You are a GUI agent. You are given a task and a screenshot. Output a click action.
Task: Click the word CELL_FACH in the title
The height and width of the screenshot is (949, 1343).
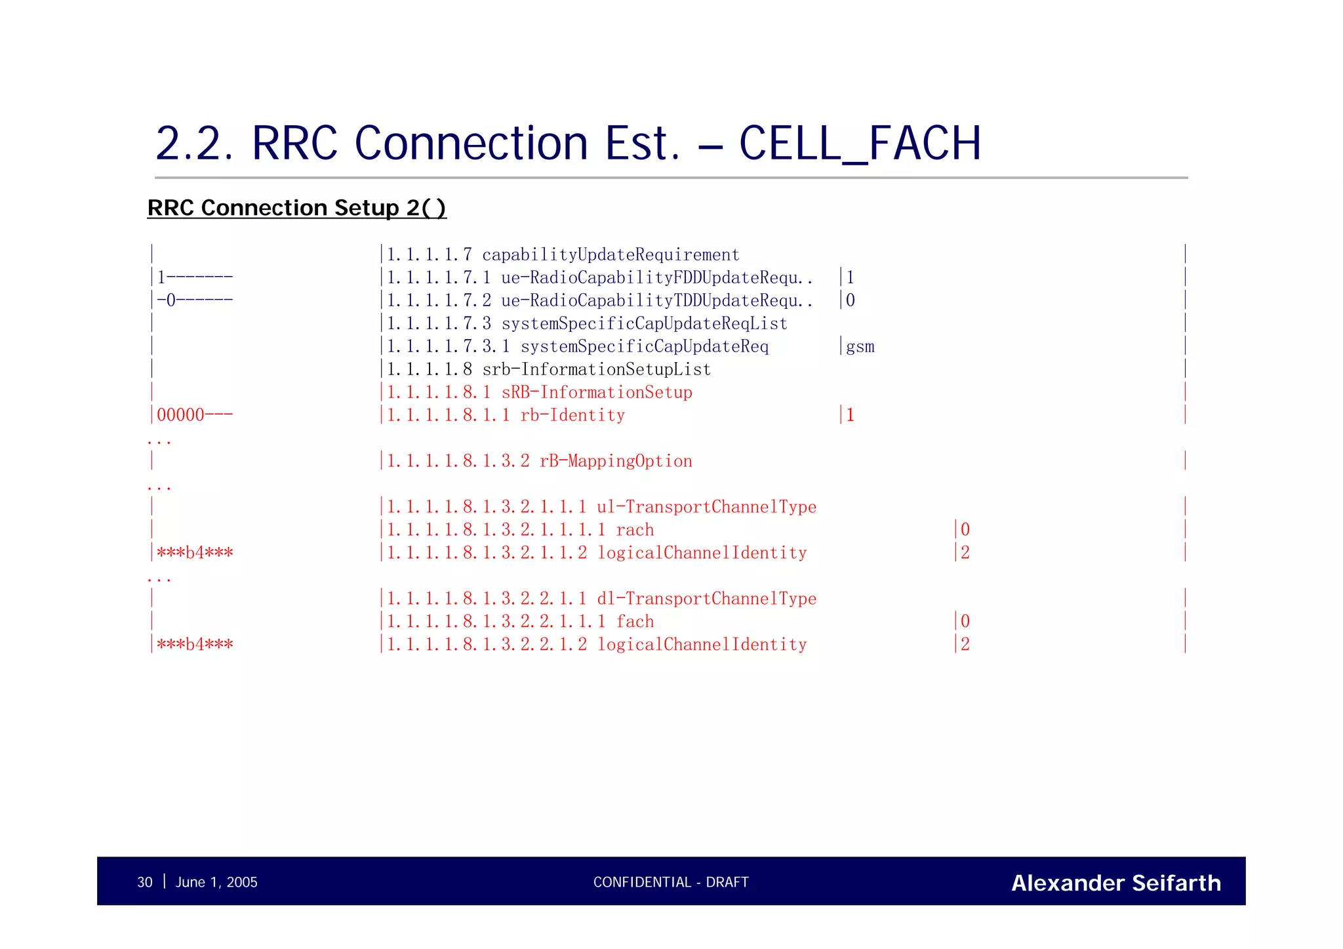(859, 144)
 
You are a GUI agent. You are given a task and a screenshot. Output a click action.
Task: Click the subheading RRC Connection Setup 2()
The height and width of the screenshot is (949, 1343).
(296, 208)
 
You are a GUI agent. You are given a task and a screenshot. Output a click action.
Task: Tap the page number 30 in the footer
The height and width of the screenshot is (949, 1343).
(144, 882)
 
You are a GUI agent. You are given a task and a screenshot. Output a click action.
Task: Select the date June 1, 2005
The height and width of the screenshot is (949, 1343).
(216, 882)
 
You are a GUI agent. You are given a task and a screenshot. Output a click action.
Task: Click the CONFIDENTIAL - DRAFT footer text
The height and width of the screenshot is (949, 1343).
(671, 882)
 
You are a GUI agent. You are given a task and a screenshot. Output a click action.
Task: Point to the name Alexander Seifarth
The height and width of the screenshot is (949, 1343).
(1115, 883)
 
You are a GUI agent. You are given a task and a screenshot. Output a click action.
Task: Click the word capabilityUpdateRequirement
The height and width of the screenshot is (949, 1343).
(611, 255)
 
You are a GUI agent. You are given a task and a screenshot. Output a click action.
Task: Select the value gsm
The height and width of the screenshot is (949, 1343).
(860, 347)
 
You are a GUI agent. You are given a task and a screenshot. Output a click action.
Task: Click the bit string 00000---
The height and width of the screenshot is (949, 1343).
(195, 415)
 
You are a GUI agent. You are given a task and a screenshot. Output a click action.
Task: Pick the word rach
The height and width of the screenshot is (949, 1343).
(635, 530)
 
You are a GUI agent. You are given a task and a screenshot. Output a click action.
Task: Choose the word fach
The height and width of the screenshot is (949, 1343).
(635, 622)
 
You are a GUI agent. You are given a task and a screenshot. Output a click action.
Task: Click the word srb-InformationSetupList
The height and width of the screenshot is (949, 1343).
(596, 370)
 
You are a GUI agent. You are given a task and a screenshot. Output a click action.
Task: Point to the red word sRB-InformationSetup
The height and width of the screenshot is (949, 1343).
(597, 393)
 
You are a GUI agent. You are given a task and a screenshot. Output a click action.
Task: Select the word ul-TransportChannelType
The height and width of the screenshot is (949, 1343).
(706, 507)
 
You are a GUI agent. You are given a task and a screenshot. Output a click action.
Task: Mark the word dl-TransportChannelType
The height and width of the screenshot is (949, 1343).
(706, 599)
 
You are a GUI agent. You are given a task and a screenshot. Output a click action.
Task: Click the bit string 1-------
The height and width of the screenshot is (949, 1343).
(195, 277)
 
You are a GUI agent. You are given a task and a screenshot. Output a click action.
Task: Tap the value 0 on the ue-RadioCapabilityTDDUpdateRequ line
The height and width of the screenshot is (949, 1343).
(851, 300)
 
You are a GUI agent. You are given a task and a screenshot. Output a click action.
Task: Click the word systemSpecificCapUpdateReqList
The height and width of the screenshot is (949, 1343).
(644, 324)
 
